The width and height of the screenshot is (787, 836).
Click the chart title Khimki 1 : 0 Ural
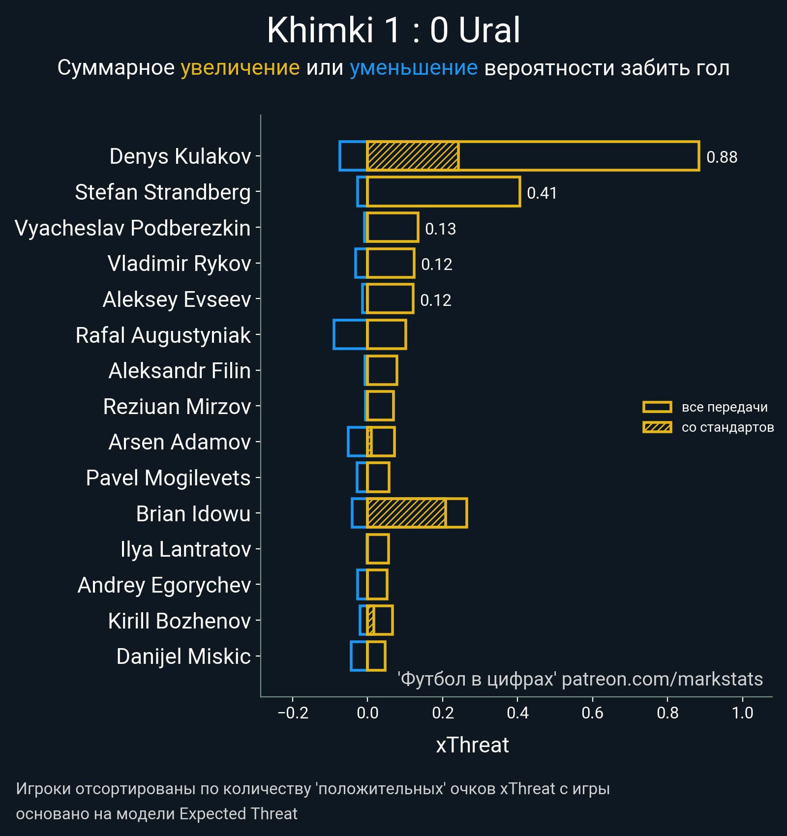393,30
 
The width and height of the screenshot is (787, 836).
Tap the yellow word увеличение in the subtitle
240,68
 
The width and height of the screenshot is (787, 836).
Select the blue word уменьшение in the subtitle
413,68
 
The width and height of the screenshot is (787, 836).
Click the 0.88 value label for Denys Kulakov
722,157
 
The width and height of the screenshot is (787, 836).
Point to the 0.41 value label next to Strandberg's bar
542,193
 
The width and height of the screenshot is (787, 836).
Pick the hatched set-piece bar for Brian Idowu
406,513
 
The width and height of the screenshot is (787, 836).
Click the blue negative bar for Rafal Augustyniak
350,335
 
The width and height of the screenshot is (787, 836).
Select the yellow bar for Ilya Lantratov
378,549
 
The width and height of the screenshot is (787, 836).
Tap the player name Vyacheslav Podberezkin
133,228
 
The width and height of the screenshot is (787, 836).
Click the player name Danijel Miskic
183,657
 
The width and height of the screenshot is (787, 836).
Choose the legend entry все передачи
724,407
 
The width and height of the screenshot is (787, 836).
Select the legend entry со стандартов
727,427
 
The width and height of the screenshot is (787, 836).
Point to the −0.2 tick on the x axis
293,713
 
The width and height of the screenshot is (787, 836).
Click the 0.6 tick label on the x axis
592,713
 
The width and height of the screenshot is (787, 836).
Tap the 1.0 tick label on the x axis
742,713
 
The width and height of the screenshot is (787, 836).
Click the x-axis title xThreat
472,745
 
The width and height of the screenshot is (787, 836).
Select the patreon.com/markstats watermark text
662,679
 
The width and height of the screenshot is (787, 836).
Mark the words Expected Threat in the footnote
238,814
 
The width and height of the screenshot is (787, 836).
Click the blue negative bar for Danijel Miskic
359,656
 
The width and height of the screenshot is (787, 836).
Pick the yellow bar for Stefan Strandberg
443,192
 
